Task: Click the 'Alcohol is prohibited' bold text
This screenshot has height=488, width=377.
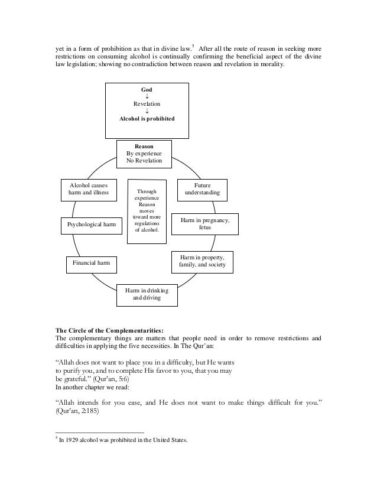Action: click(147, 118)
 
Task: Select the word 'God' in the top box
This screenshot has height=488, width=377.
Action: click(146, 89)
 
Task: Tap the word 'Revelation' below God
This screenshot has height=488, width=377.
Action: click(147, 104)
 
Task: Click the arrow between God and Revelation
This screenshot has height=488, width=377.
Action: click(147, 96)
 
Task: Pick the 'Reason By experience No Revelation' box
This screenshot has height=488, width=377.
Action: click(144, 153)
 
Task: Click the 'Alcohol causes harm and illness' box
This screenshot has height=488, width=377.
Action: click(89, 188)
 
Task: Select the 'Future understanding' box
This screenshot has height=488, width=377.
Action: click(202, 189)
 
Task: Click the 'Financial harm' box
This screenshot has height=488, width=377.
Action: click(87, 261)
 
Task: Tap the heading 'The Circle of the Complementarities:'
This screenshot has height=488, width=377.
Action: click(109, 330)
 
